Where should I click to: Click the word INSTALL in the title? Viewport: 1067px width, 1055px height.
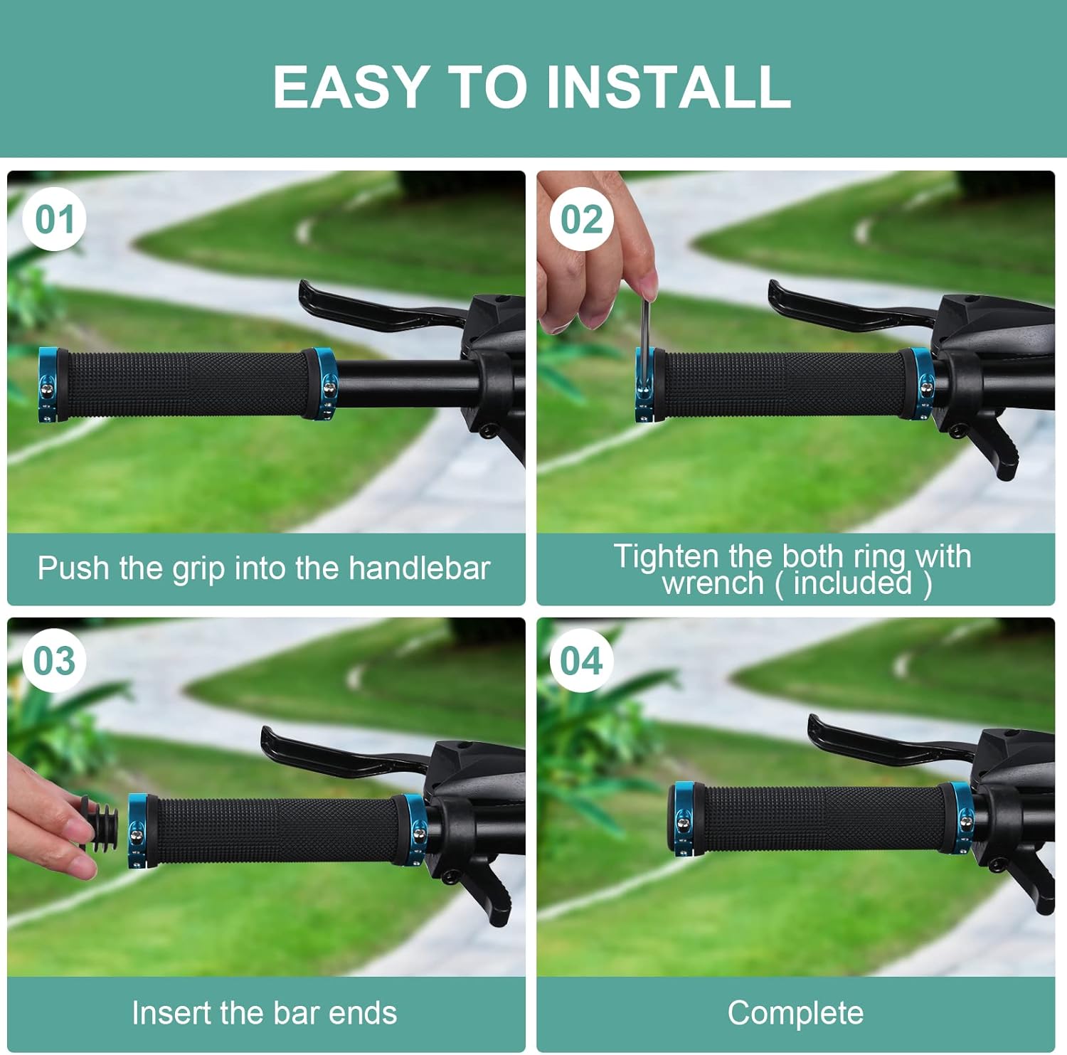point(668,87)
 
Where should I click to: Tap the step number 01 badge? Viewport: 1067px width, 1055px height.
point(55,219)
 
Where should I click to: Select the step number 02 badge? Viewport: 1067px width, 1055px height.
point(581,219)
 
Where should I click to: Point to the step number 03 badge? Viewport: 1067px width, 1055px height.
point(55,661)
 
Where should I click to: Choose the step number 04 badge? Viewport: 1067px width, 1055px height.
point(581,661)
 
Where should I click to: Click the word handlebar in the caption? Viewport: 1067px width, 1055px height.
point(420,568)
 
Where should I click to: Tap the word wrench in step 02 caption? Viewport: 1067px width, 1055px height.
point(713,583)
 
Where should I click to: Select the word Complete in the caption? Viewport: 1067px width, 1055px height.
point(795,1013)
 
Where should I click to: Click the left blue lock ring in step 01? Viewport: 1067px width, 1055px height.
point(48,385)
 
